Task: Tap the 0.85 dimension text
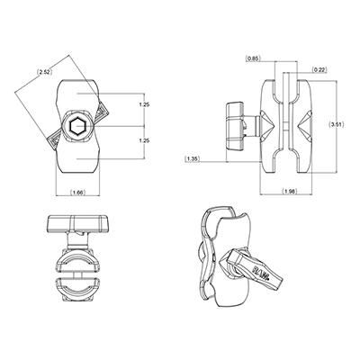(x=256, y=58)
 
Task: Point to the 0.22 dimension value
(x=319, y=69)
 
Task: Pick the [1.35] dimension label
(x=193, y=159)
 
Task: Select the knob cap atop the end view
(x=77, y=223)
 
